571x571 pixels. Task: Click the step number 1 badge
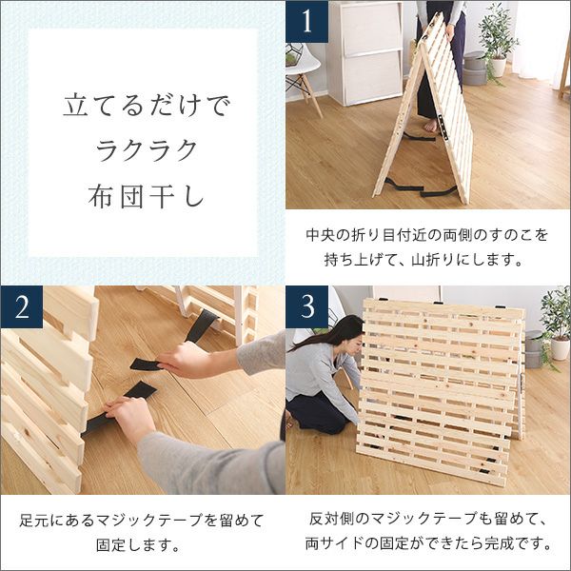[x=306, y=21]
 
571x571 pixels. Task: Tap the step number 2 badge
[x=22, y=306]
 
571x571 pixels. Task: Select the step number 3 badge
[x=306, y=306]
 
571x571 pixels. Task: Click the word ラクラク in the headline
[x=147, y=150]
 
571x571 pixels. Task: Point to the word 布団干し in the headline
[x=146, y=196]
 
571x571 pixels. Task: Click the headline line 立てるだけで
[x=147, y=106]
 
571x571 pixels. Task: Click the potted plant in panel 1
[x=498, y=40]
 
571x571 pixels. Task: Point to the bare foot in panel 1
[x=431, y=126]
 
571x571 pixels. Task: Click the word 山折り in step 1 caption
[x=433, y=260]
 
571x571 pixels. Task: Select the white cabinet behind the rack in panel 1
[x=364, y=52]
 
